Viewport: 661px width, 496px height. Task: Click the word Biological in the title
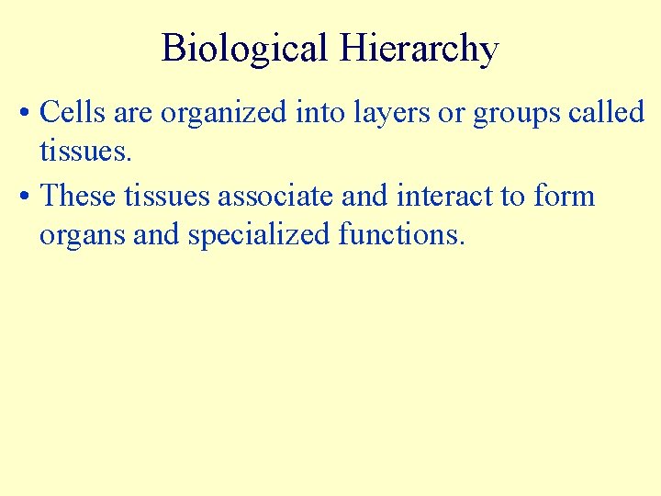243,48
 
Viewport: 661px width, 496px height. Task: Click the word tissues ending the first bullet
85,152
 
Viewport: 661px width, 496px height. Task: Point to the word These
78,197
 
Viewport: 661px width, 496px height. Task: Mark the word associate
276,197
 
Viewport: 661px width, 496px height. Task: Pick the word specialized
260,236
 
